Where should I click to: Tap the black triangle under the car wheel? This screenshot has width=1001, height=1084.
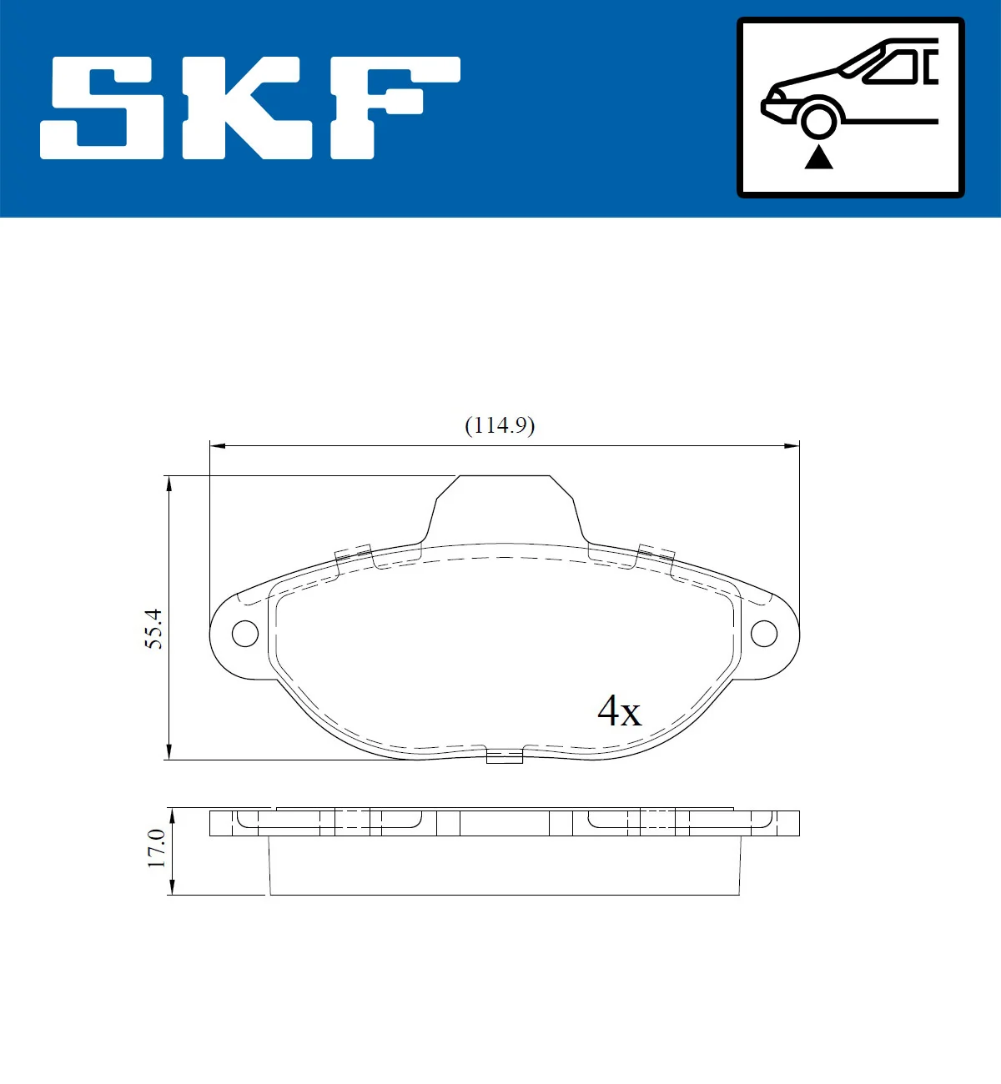click(x=818, y=157)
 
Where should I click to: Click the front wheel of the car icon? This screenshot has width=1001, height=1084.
click(x=818, y=119)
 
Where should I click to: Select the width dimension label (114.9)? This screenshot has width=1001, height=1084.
click(x=499, y=425)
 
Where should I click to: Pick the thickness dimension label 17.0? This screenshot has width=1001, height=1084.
click(x=156, y=848)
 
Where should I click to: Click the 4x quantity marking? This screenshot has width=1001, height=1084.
click(x=619, y=711)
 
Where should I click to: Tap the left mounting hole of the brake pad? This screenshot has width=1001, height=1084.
click(x=244, y=634)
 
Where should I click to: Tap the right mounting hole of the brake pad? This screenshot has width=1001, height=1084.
click(x=764, y=634)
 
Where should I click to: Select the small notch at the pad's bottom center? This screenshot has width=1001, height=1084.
click(x=504, y=756)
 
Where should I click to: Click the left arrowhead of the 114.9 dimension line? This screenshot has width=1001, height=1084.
click(x=216, y=446)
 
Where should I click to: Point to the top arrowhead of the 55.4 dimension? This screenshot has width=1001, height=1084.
click(x=169, y=483)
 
